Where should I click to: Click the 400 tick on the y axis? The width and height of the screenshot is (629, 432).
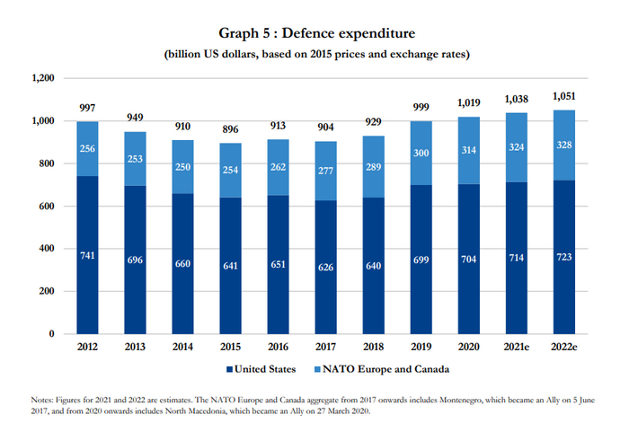pos(47,249)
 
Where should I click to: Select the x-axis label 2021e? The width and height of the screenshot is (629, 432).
pos(515,347)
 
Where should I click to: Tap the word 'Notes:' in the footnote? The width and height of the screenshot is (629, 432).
pos(40,397)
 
